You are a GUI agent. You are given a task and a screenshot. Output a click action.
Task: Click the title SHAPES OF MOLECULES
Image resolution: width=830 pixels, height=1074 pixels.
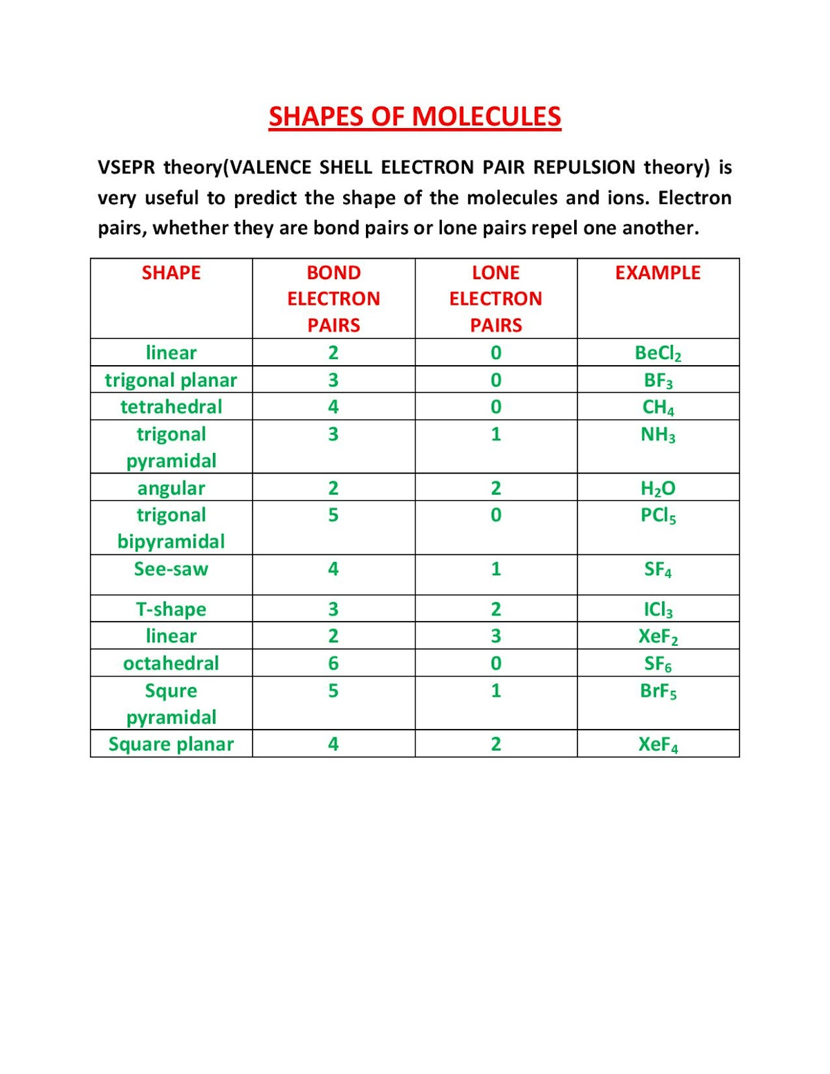pos(415,116)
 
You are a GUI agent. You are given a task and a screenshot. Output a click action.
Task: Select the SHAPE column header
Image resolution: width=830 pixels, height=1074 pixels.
pos(171,272)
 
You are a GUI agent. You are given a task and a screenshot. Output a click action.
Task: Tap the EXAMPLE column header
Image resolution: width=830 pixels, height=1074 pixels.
pos(658,272)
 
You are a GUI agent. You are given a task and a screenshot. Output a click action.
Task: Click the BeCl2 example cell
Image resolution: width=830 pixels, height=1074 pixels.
pos(658,353)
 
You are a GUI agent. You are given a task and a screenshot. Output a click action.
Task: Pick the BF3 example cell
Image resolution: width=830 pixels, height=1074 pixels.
pos(658,380)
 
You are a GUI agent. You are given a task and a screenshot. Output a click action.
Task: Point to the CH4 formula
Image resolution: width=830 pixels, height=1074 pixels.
pos(658,407)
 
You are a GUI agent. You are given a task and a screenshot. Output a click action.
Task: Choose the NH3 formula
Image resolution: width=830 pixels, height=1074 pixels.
pos(658,434)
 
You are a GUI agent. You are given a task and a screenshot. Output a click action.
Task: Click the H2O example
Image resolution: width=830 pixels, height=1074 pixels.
pos(658,488)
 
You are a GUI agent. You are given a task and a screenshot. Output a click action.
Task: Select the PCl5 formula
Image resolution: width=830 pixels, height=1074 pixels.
pos(658,515)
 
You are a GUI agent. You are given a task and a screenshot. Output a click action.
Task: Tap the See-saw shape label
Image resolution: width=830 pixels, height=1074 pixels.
pos(171,569)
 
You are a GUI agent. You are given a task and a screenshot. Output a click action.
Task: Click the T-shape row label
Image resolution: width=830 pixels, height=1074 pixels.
pos(171,609)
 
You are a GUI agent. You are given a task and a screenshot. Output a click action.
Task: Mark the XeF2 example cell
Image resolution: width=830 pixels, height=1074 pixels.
pos(658,636)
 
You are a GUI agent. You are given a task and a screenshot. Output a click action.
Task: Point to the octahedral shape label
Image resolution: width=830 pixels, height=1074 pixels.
pos(171,663)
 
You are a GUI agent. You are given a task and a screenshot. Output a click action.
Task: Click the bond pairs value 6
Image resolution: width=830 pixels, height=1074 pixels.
pos(333,663)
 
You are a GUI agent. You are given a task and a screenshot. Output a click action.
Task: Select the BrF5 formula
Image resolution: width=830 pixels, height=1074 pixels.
pos(658,690)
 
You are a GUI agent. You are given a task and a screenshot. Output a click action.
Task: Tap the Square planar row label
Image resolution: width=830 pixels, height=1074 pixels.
pos(171,744)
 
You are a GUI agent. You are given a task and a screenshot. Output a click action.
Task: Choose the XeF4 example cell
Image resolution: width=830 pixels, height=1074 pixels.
pos(658,744)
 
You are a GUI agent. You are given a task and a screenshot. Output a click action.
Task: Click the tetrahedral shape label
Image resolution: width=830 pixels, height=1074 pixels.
pos(171,407)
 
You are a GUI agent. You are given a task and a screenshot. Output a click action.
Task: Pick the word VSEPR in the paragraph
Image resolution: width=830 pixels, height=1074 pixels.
pos(127,167)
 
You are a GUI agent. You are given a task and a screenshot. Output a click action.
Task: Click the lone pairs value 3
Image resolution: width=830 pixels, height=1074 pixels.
pos(496,636)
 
